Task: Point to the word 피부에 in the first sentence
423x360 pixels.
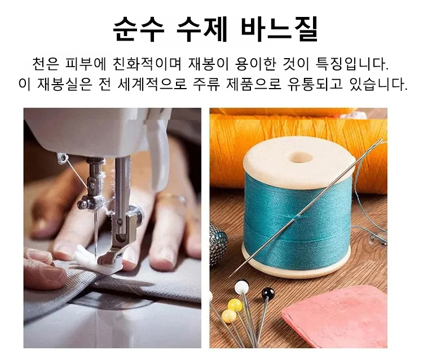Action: tap(80, 62)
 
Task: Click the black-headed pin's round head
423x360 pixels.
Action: tap(268, 293)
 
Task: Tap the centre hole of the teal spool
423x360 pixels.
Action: tap(299, 157)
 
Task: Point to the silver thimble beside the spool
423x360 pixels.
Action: tap(217, 243)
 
